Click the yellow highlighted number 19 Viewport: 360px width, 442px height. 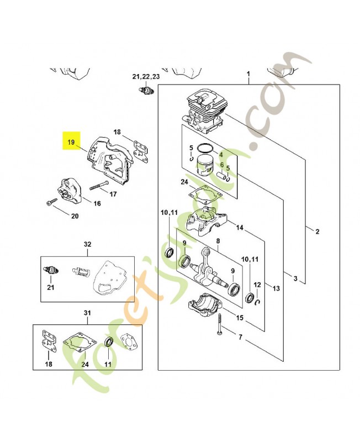(x=71, y=142)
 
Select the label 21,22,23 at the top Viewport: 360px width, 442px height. (x=146, y=76)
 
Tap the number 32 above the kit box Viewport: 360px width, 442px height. (x=87, y=244)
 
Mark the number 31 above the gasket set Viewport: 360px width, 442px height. (x=87, y=313)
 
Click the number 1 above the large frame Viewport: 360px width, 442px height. (x=248, y=74)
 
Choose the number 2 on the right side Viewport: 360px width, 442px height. (x=317, y=231)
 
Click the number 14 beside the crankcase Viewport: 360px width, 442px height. (x=240, y=227)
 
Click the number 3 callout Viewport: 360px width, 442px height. (x=296, y=278)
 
